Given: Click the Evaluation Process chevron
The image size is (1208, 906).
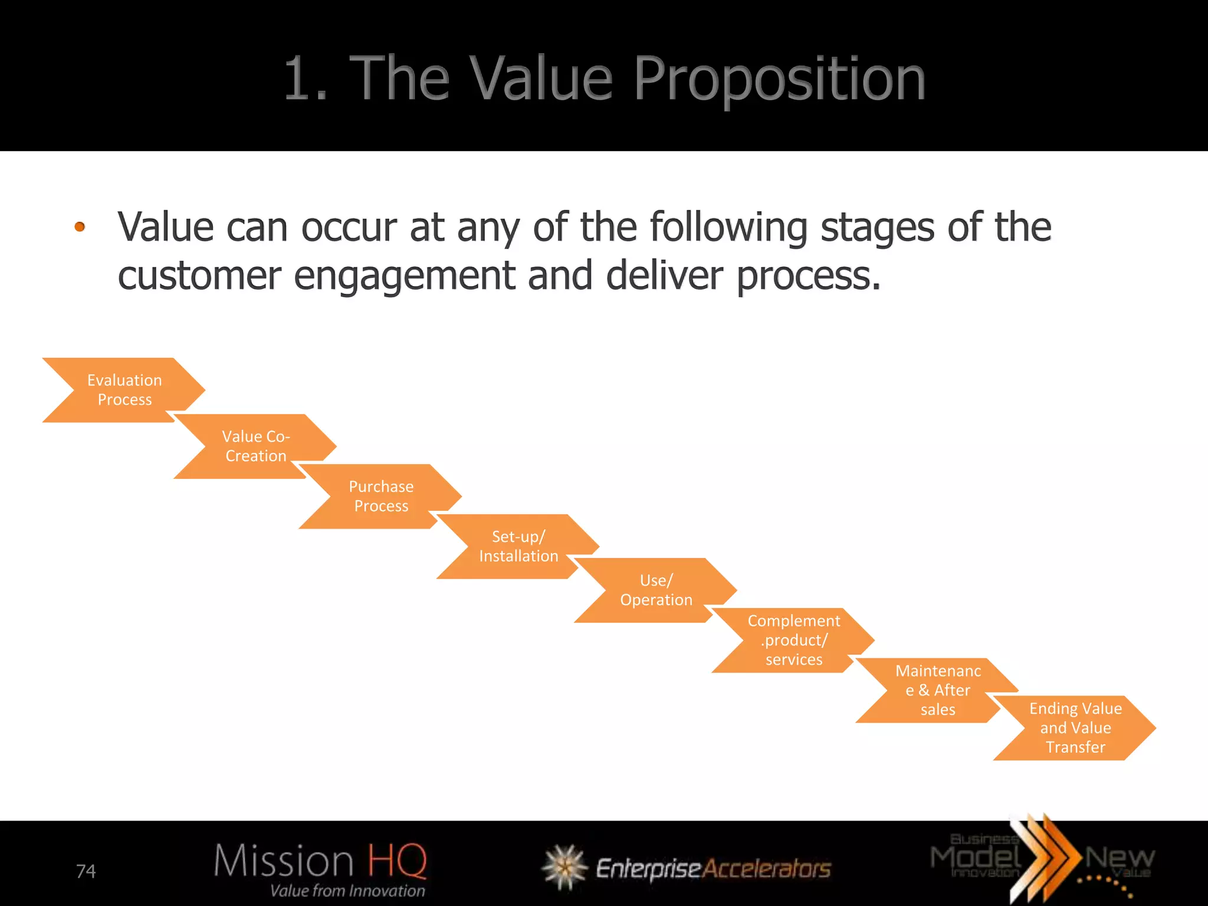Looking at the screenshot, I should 124,390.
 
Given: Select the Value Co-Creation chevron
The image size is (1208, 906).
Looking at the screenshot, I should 255,446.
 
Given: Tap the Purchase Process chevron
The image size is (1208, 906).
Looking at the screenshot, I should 381,496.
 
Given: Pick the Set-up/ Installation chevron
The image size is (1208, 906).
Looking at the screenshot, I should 518,546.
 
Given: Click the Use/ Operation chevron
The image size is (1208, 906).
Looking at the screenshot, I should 656,590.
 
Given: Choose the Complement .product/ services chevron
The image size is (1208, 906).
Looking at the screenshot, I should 793,640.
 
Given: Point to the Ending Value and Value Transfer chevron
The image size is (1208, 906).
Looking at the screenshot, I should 1075,728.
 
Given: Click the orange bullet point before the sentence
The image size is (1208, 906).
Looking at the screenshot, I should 80,226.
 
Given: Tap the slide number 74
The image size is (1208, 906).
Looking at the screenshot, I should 86,871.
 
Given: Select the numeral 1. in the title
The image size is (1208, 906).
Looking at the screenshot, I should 305,79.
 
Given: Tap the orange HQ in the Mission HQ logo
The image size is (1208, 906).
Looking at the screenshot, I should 397,861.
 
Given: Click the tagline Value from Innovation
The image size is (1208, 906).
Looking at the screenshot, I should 347,891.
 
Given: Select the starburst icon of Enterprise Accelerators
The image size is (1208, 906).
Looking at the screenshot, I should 564,866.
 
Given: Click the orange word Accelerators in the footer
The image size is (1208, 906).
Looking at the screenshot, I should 767,868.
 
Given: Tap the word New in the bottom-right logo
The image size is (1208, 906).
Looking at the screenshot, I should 1119,856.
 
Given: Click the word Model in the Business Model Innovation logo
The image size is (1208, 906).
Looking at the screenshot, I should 976,857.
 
